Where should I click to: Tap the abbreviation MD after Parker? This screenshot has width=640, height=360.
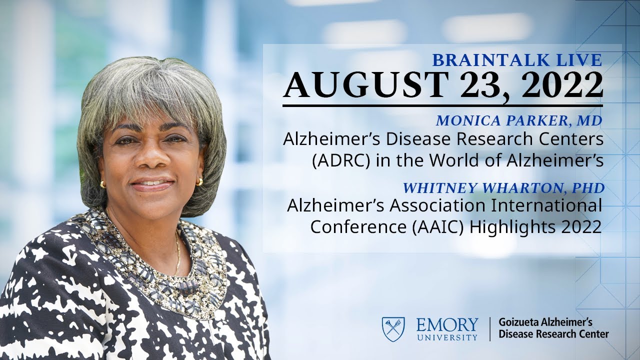pos(591,120)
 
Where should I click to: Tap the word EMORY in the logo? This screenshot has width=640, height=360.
pos(447,325)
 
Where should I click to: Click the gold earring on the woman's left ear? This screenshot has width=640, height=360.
pos(199,181)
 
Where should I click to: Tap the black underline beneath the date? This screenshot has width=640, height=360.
pos(442,105)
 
